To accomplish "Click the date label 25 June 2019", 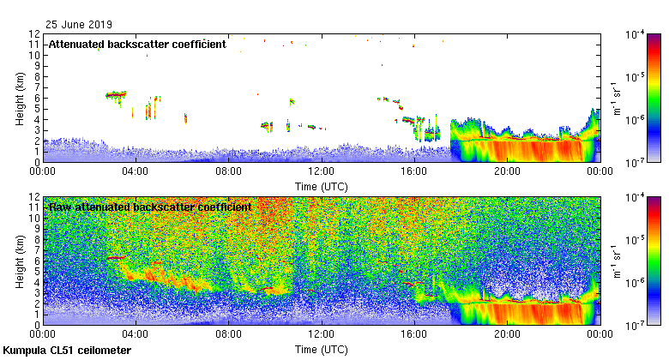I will coord(79,25).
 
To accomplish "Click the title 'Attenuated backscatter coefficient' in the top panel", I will coord(137,44).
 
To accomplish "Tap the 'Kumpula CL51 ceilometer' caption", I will coord(67,351).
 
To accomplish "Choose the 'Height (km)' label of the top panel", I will coord(20,97).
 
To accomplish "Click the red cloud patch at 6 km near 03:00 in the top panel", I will coord(115,94).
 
